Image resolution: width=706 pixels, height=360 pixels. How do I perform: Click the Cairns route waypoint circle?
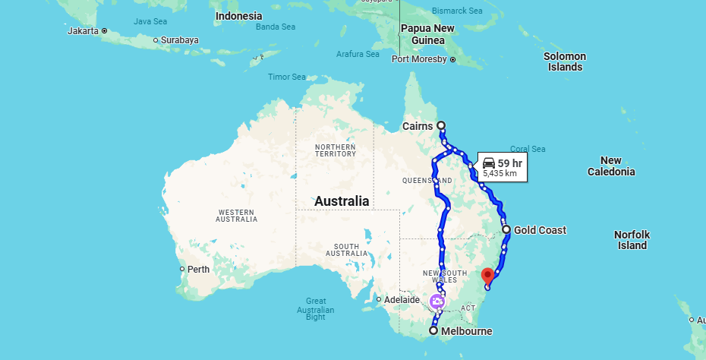(441, 125)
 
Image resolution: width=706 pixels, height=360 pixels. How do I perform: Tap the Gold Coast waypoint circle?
(506, 229)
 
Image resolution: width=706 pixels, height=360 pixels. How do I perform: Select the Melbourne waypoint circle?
(433, 331)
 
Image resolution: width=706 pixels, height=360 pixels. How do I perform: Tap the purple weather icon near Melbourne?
(438, 302)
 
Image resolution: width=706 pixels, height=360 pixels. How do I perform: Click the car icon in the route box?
(488, 163)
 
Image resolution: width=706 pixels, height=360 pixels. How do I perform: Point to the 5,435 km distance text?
(500, 174)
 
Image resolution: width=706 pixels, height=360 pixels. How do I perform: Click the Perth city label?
(198, 269)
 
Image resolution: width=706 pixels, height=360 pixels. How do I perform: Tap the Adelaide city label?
(402, 299)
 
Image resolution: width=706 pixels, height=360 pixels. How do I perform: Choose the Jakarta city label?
(83, 31)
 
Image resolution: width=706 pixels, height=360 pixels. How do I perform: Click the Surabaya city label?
(179, 39)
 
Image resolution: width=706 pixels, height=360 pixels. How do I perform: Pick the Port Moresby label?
(419, 59)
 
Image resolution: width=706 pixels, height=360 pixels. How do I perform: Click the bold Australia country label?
(342, 201)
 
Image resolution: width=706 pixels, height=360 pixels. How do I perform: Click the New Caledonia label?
(610, 166)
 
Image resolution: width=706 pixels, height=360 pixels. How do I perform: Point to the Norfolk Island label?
(632, 240)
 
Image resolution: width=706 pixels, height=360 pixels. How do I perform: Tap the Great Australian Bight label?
(315, 309)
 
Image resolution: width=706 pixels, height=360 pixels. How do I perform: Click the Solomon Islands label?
(565, 62)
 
